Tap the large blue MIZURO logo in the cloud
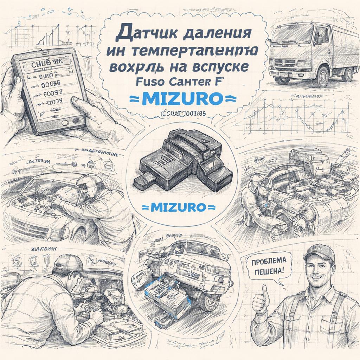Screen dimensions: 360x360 coord(181,98)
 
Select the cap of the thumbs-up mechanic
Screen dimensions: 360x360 coord(319,251)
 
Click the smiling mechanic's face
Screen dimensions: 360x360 coord(318,269)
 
